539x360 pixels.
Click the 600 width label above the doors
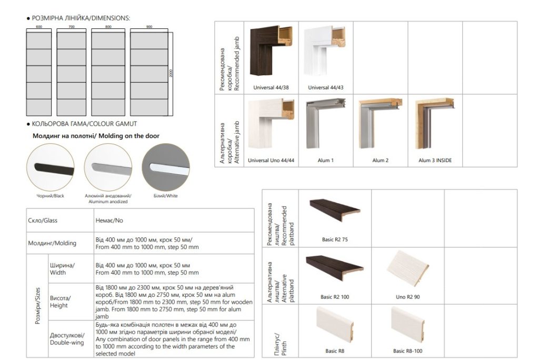click(39, 26)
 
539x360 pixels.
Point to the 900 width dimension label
click(149, 26)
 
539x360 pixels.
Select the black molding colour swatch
click(51, 167)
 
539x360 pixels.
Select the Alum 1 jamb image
click(325, 125)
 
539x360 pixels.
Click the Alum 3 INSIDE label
click(435, 161)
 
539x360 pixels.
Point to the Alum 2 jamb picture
click(380, 125)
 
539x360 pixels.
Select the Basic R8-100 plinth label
click(407, 351)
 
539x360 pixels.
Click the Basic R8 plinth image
click(335, 325)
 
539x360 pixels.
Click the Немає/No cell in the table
click(105, 221)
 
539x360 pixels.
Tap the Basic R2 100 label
click(335, 297)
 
